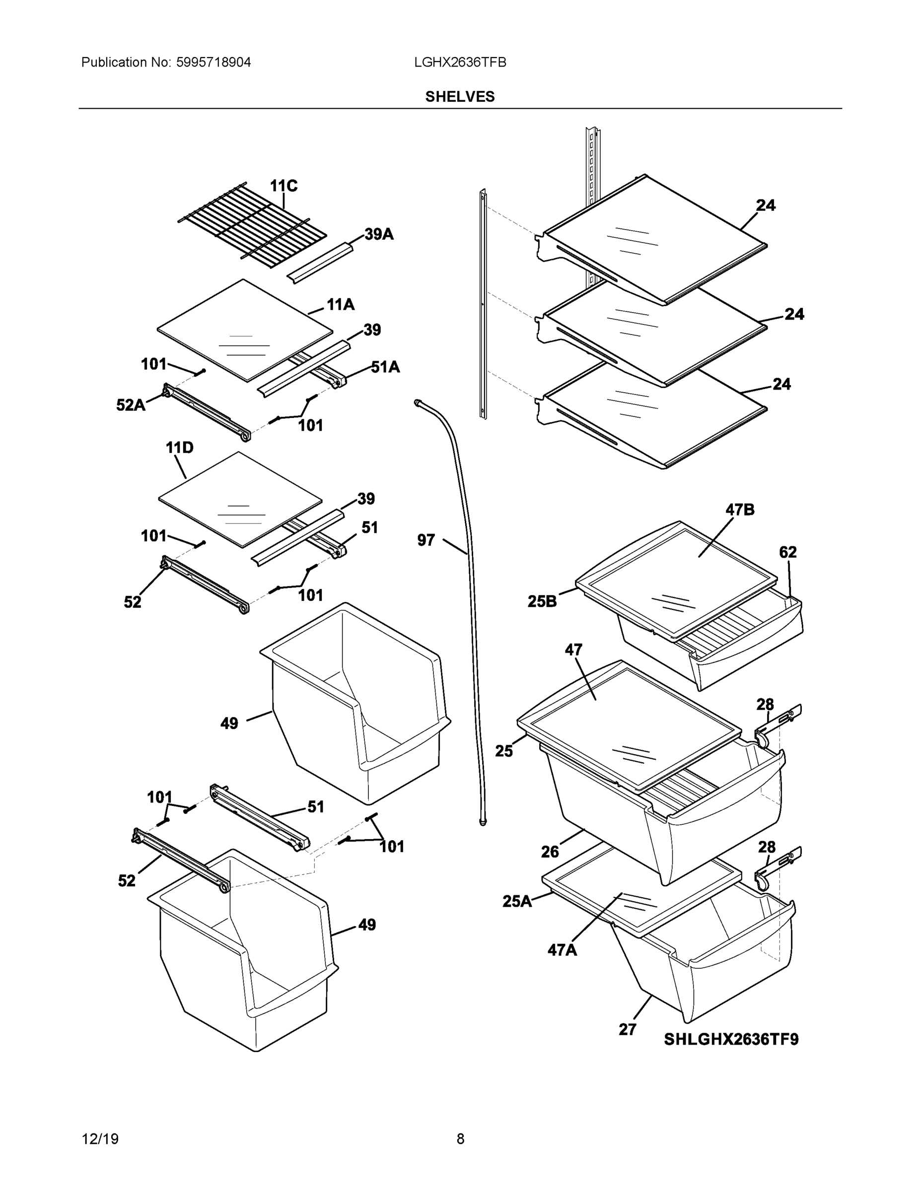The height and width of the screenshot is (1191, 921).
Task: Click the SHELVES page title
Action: pos(459,97)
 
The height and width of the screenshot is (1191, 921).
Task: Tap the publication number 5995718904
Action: pos(213,62)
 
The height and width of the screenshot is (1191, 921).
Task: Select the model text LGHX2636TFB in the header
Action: pos(459,62)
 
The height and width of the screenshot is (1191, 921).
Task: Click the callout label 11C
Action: pos(283,186)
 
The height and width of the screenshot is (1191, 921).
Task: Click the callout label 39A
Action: pos(379,235)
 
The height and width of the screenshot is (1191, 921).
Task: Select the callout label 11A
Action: pos(341,304)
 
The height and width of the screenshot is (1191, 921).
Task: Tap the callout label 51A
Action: pos(385,367)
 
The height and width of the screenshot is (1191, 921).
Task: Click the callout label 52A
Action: pos(131,404)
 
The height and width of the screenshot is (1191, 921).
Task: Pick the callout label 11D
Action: pos(180,448)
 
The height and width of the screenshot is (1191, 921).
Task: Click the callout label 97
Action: pos(425,540)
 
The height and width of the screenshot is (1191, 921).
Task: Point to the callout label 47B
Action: pos(739,510)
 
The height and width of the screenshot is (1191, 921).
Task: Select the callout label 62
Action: pos(787,552)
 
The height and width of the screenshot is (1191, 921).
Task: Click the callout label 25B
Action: pos(542,601)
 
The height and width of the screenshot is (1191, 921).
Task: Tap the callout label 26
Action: pos(550,851)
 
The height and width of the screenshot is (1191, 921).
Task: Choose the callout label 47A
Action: pos(562,950)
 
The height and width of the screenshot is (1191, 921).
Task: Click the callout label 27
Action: pos(628,1029)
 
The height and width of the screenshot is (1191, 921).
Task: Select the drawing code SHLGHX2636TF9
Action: pos(730,1040)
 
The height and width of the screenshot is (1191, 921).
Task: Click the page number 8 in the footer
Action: pos(460,1139)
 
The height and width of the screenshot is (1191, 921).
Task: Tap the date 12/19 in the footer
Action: pos(100,1139)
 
